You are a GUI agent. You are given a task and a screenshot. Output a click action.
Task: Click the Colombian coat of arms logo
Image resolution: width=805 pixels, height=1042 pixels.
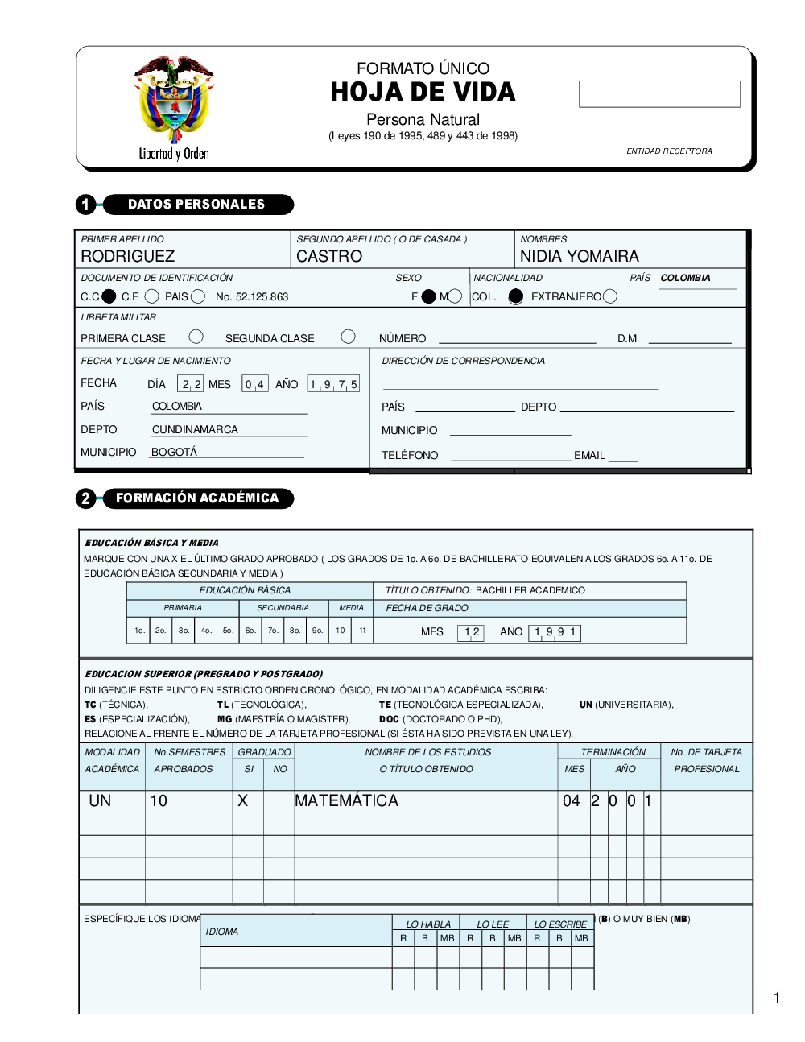(174, 101)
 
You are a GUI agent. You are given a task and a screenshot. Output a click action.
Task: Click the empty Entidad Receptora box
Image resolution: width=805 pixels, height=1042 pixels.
(659, 94)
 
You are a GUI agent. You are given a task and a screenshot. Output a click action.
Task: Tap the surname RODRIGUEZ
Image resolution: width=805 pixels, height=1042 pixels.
(128, 256)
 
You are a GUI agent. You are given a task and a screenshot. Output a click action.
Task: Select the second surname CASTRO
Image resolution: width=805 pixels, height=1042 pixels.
(329, 256)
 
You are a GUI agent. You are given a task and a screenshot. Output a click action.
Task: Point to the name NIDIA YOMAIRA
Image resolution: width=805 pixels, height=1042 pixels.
(580, 256)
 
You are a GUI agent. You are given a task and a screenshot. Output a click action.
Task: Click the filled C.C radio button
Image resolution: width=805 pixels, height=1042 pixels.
(109, 296)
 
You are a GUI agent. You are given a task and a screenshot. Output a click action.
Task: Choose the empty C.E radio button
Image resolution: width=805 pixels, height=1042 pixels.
(151, 296)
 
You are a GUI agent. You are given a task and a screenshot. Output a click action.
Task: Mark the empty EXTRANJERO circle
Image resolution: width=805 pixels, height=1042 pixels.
(610, 296)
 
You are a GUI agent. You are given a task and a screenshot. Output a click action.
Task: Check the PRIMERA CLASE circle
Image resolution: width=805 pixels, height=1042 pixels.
(196, 337)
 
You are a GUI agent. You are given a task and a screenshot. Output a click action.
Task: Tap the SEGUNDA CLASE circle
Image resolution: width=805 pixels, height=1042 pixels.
(348, 337)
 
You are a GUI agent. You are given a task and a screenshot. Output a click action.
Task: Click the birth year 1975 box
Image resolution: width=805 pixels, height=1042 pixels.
(333, 384)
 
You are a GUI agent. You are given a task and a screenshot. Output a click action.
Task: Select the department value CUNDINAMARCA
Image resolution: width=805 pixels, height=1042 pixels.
(195, 429)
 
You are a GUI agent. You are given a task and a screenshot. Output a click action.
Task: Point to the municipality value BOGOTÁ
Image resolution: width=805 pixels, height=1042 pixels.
(174, 452)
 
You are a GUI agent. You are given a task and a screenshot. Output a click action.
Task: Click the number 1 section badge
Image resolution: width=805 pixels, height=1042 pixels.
(85, 205)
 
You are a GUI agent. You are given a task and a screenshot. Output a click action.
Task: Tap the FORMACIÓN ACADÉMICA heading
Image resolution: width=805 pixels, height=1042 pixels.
(197, 498)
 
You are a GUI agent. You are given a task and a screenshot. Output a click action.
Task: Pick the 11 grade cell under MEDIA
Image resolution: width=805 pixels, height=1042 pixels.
(362, 631)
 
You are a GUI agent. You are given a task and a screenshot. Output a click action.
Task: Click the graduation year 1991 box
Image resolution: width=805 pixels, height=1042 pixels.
(555, 632)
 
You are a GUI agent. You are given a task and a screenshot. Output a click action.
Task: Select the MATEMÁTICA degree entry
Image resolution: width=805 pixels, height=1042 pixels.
(346, 800)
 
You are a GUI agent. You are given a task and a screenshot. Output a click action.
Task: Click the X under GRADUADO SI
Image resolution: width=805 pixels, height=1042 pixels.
(243, 800)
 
